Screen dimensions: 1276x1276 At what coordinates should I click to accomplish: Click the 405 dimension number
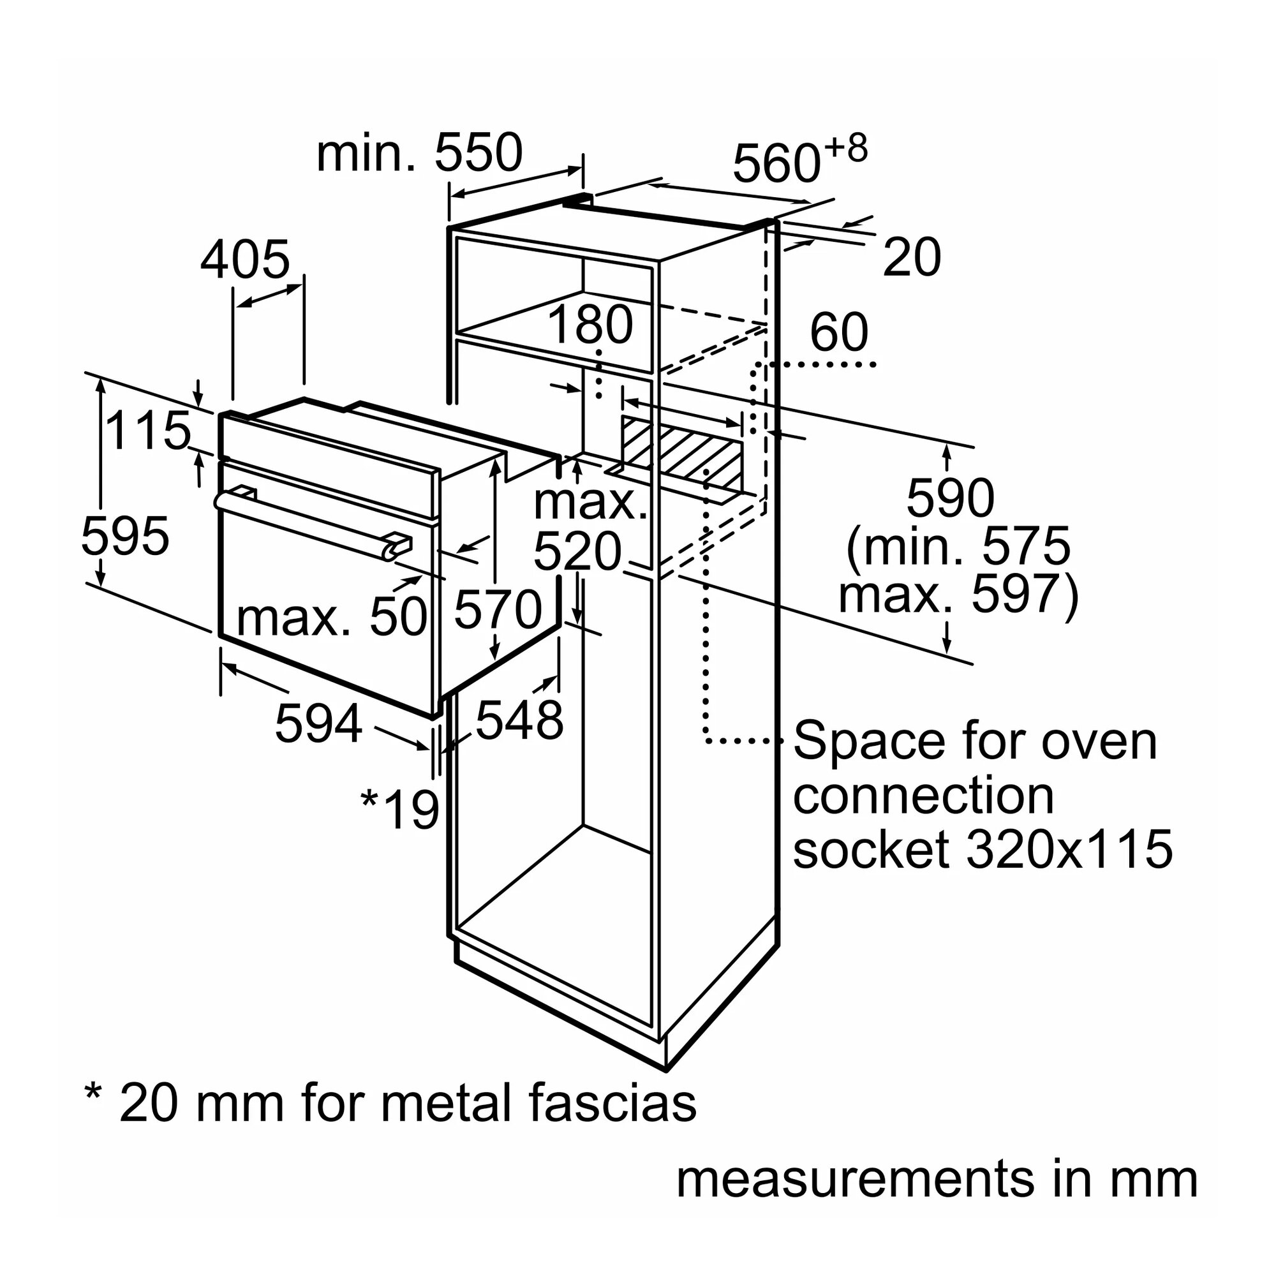pos(245,260)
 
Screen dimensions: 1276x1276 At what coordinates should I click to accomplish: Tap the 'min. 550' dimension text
pos(419,153)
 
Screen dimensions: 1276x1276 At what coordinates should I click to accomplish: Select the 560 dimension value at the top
pos(776,164)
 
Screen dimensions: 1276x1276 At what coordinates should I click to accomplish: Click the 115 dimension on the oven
pos(147,431)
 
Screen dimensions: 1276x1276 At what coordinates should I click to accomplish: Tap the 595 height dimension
pos(125,536)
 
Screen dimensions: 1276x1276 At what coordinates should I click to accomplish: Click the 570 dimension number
pos(498,609)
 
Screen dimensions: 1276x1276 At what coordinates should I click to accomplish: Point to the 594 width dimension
pos(318,724)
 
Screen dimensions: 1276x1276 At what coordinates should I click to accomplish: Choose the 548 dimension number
pos(519,719)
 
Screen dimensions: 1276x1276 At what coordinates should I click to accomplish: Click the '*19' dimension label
pos(400,809)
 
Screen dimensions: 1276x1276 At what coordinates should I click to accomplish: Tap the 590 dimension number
pos(950,498)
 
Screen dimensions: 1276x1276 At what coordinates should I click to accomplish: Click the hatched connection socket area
pos(680,449)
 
